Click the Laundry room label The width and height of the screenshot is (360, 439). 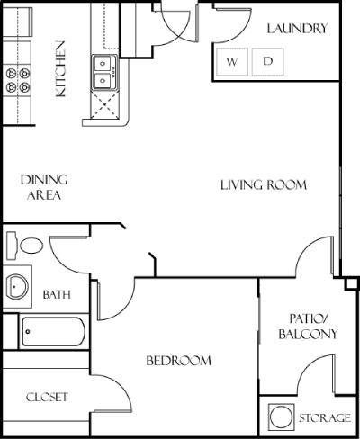point(297,29)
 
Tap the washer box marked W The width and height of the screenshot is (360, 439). point(232,61)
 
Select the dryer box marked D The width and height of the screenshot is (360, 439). point(267,61)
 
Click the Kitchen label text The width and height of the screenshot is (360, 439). point(60,69)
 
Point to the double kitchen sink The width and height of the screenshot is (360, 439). point(104,72)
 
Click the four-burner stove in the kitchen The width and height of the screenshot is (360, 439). point(17,80)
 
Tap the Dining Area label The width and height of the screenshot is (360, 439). point(44,187)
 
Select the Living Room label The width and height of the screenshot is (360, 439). point(264,184)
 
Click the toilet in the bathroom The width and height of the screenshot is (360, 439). point(25,246)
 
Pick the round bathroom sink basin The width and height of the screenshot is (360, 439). point(17,287)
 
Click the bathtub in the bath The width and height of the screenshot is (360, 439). point(53,332)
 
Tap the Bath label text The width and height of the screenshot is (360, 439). point(57,294)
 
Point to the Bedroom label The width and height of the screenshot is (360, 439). point(179,361)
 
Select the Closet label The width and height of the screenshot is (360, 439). point(47,398)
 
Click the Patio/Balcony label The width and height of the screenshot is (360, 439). point(308,327)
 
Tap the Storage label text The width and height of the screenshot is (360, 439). point(325,418)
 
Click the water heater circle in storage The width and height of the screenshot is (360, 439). point(281,417)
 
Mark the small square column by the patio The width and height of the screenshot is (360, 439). point(351,283)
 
